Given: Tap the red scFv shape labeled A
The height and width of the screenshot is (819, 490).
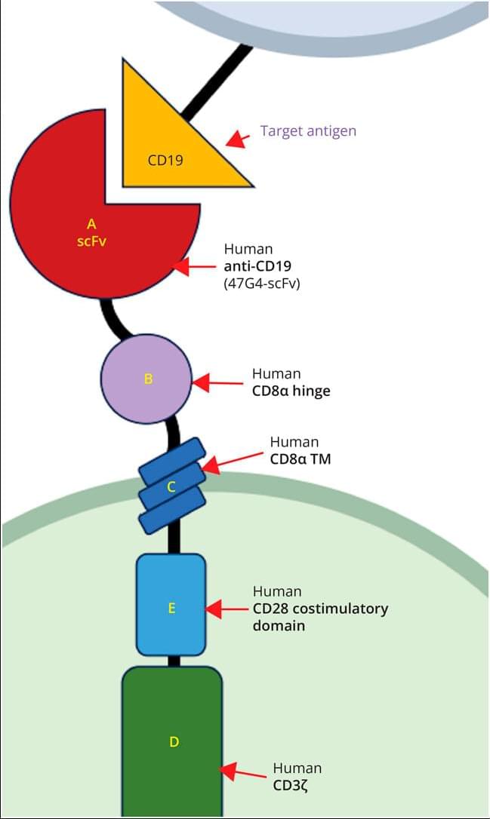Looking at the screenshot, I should [x=83, y=241].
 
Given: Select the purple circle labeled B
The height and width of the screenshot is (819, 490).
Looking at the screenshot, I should [x=147, y=379].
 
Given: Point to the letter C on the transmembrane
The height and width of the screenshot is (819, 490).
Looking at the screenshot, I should [x=171, y=486].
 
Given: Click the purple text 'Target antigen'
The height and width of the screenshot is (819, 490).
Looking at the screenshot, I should [x=308, y=130].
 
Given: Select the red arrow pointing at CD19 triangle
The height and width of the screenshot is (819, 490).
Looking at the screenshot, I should [x=238, y=139].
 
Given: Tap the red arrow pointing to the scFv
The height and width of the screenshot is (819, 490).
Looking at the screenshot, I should [x=195, y=266].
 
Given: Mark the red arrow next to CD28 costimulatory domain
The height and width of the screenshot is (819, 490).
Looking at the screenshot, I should [x=227, y=609].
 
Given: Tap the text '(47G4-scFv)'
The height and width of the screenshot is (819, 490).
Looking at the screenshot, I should [x=262, y=284].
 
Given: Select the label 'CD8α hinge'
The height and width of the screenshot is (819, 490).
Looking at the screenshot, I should [x=291, y=391].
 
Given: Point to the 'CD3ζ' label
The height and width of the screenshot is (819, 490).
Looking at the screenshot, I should [x=290, y=786].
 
